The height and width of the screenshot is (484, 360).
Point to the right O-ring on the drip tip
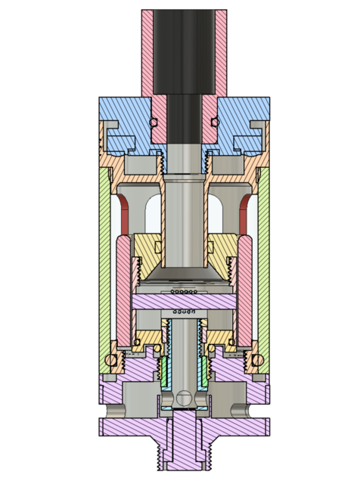(x=215, y=122)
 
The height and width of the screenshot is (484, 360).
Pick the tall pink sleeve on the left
(x=124, y=287)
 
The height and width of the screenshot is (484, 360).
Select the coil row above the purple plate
(x=185, y=290)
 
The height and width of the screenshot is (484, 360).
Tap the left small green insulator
(x=164, y=371)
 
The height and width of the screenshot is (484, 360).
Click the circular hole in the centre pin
(x=185, y=394)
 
